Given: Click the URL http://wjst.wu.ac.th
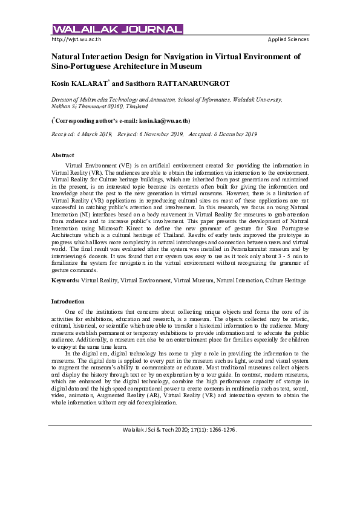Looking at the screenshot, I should point(76,39).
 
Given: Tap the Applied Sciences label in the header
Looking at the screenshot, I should point(288,39).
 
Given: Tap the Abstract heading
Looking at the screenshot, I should point(63,155).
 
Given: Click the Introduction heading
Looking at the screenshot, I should point(68,301).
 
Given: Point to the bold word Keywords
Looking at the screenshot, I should point(65,280).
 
